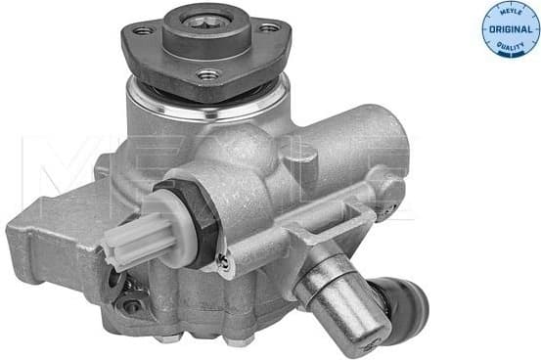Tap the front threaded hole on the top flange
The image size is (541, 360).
click(x=206, y=73)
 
